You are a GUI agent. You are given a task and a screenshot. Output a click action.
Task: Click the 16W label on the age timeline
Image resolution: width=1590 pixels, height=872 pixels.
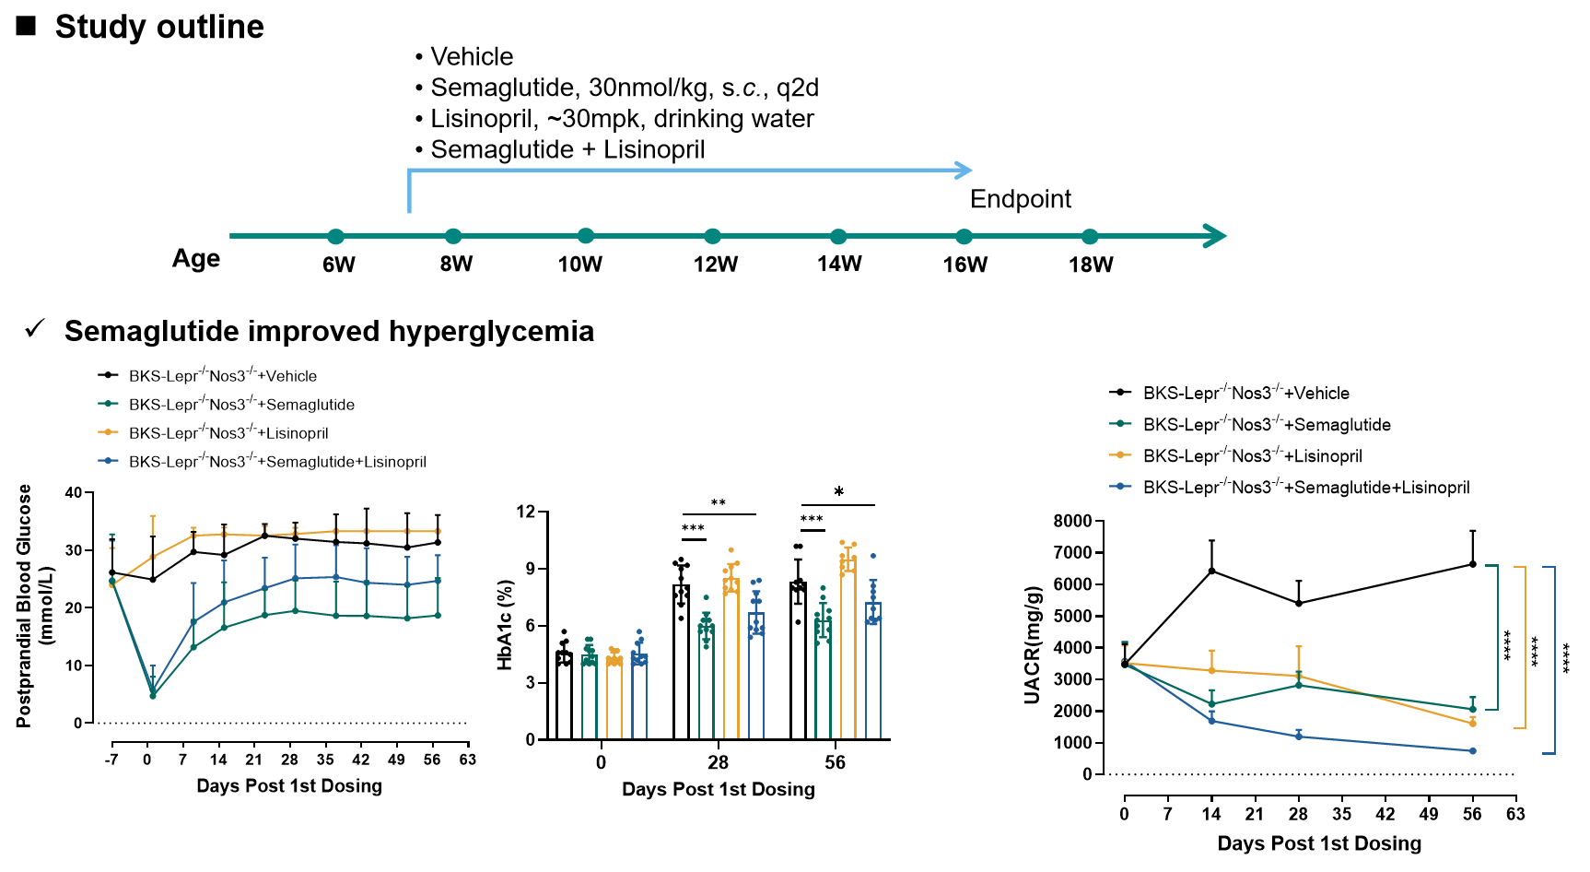pyautogui.click(x=965, y=265)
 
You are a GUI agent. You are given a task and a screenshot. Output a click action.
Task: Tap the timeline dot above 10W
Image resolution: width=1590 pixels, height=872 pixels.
pyautogui.click(x=586, y=236)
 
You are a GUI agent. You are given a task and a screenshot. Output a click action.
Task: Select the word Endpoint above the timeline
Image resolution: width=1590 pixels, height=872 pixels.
pyautogui.click(x=1021, y=199)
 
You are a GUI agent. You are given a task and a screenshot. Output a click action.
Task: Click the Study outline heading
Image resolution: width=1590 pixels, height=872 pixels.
pyautogui.click(x=159, y=27)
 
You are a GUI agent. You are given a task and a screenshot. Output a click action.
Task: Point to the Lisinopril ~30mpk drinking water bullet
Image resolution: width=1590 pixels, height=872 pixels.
pyautogui.click(x=622, y=119)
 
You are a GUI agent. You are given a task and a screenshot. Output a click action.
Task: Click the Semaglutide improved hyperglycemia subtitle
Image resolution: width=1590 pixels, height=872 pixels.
pyautogui.click(x=329, y=331)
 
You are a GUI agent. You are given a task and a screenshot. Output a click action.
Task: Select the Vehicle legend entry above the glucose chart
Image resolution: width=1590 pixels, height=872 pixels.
pyautogui.click(x=222, y=376)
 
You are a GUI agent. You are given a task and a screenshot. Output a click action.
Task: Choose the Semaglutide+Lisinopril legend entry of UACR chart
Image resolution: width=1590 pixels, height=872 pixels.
pyautogui.click(x=1305, y=488)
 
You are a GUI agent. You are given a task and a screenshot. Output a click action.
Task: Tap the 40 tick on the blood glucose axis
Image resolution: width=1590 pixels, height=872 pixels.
pyautogui.click(x=74, y=493)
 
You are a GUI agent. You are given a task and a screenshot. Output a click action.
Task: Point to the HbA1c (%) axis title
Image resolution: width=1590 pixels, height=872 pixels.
pyautogui.click(x=504, y=625)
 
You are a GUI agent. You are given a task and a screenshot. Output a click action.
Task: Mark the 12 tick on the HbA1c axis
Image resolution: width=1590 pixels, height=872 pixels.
pyautogui.click(x=526, y=512)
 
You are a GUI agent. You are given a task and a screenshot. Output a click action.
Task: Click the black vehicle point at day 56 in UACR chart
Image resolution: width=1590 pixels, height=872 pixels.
pyautogui.click(x=1473, y=564)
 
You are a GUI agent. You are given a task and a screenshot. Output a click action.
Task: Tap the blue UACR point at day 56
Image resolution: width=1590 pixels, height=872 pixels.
pyautogui.click(x=1473, y=751)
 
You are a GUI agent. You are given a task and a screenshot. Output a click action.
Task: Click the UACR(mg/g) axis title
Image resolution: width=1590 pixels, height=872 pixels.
pyautogui.click(x=1033, y=645)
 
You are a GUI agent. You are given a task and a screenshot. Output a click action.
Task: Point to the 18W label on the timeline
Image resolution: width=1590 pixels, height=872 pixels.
pyautogui.click(x=1091, y=265)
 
